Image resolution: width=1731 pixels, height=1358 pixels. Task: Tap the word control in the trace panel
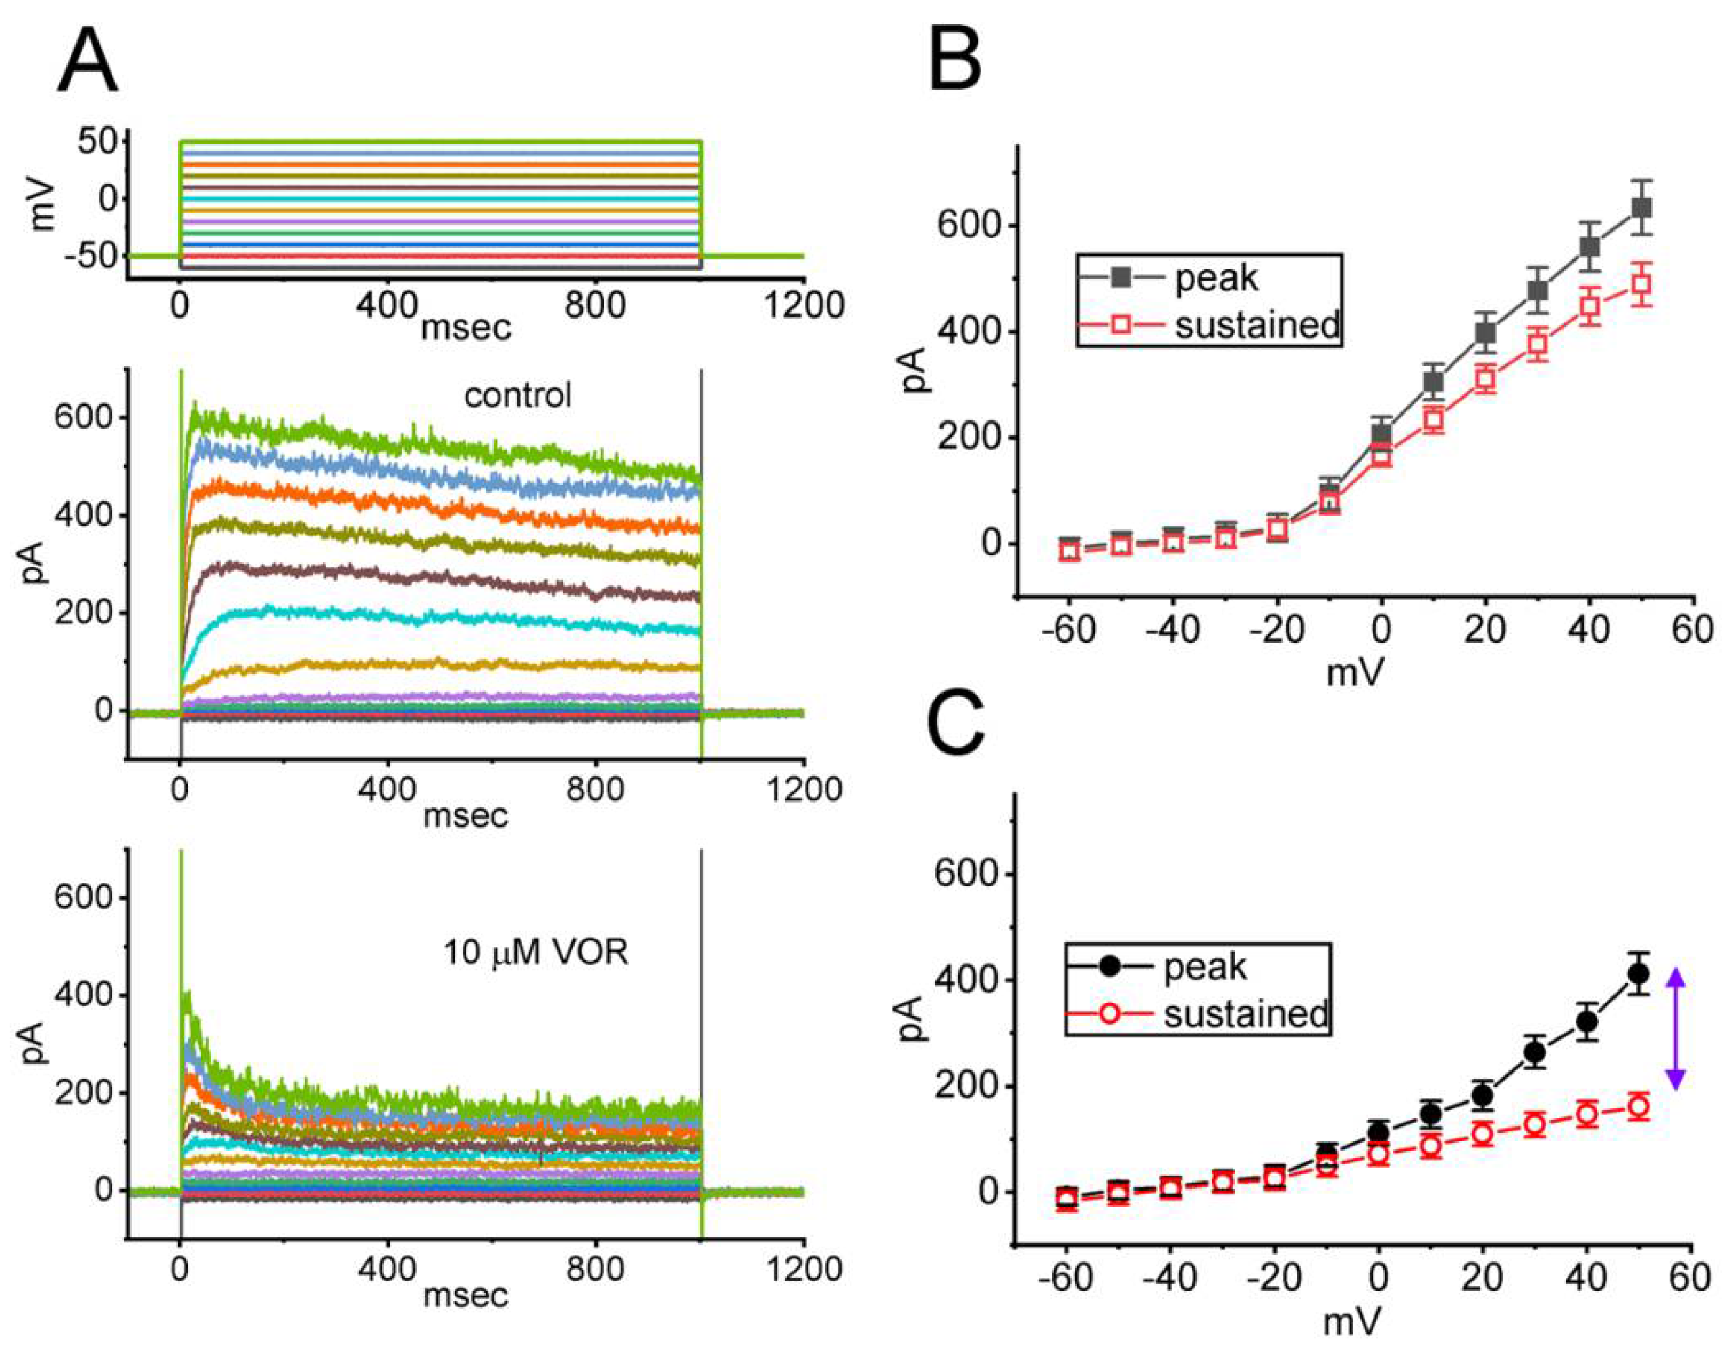click(x=517, y=395)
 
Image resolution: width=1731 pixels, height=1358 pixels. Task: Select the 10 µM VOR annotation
click(x=536, y=952)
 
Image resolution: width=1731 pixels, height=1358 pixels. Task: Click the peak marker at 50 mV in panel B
click(x=1641, y=207)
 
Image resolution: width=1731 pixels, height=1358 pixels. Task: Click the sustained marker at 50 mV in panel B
click(x=1641, y=284)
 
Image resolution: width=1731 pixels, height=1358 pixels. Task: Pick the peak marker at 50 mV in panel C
click(x=1638, y=973)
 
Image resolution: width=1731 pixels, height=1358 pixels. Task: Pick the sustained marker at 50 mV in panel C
click(x=1638, y=1107)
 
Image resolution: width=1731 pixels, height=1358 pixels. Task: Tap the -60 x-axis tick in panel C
click(x=1065, y=1278)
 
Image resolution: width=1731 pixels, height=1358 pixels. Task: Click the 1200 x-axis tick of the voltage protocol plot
click(x=804, y=304)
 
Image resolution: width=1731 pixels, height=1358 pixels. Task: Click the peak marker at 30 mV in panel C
click(x=1534, y=1052)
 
